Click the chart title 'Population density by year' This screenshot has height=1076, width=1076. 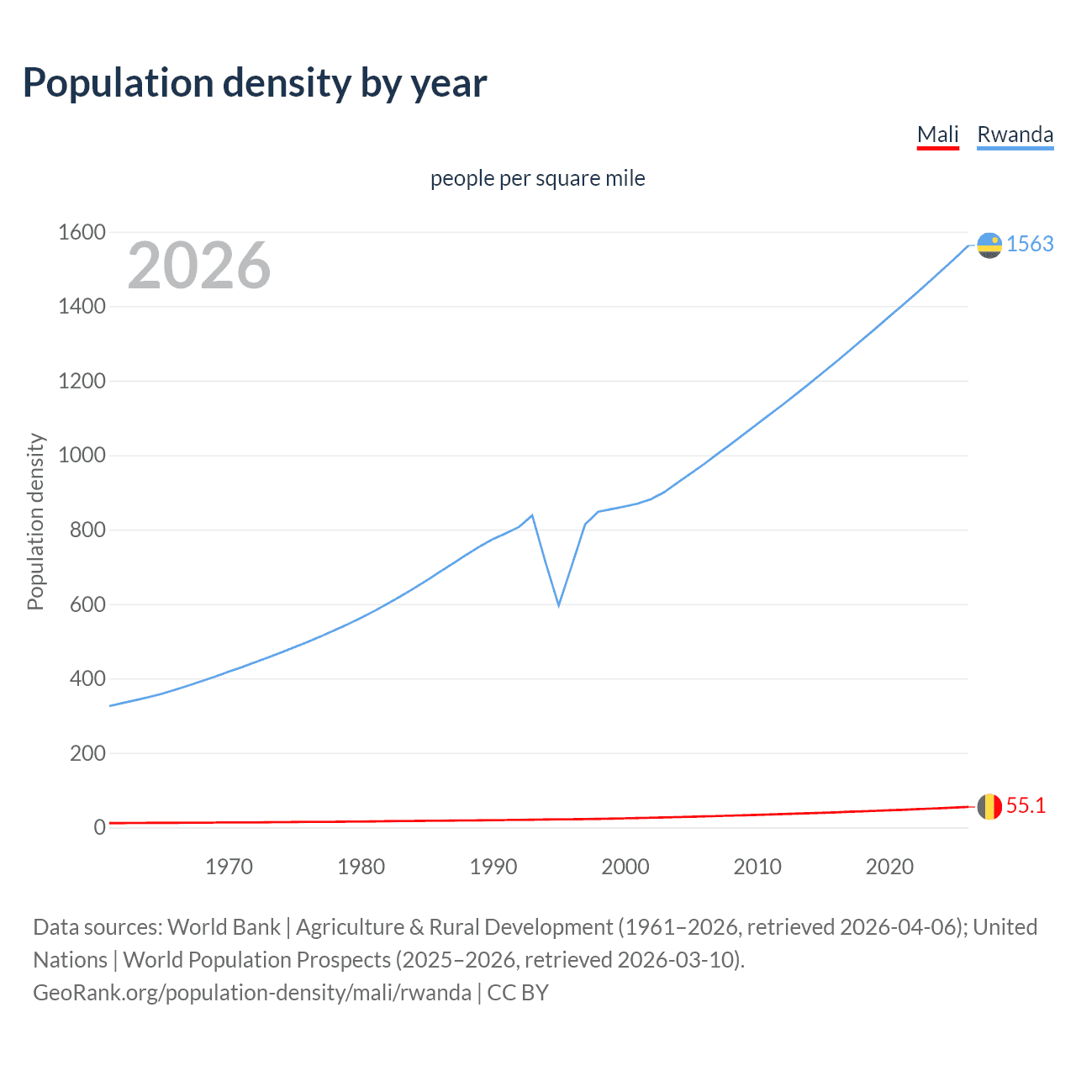[255, 83]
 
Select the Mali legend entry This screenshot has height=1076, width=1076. [937, 134]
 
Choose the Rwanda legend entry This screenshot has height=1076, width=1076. [1015, 134]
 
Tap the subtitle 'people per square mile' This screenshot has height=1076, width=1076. [537, 179]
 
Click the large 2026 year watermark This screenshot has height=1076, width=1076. [199, 266]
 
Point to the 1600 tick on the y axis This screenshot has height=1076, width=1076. [82, 232]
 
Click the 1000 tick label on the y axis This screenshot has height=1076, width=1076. [82, 456]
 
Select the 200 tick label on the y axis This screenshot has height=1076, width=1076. [87, 753]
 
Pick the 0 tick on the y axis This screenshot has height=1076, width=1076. [99, 827]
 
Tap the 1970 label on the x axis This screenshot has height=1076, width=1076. [229, 867]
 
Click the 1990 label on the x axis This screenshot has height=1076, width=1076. [493, 867]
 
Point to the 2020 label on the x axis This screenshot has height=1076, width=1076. [889, 867]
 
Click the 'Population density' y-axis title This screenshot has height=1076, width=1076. [35, 521]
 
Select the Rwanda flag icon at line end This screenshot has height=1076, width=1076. [989, 245]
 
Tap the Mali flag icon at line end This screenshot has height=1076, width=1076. [989, 806]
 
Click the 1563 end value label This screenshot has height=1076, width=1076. [1030, 244]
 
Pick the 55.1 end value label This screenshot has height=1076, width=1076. [1026, 805]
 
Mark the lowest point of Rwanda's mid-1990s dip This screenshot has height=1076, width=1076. [558, 605]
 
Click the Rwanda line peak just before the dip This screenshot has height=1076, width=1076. [532, 515]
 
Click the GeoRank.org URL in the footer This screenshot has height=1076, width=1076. [252, 993]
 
